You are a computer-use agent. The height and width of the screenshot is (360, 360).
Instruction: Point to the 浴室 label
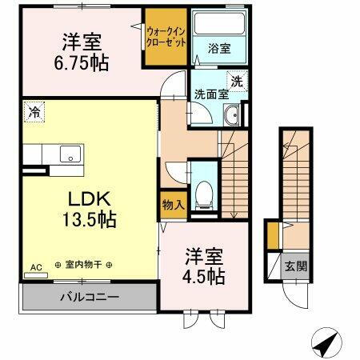218,48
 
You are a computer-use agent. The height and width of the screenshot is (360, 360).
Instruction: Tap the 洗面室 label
211,93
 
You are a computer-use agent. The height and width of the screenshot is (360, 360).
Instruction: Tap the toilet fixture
206,192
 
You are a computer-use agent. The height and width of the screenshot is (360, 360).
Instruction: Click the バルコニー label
90,298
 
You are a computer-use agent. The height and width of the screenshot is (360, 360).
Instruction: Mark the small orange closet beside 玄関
273,237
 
